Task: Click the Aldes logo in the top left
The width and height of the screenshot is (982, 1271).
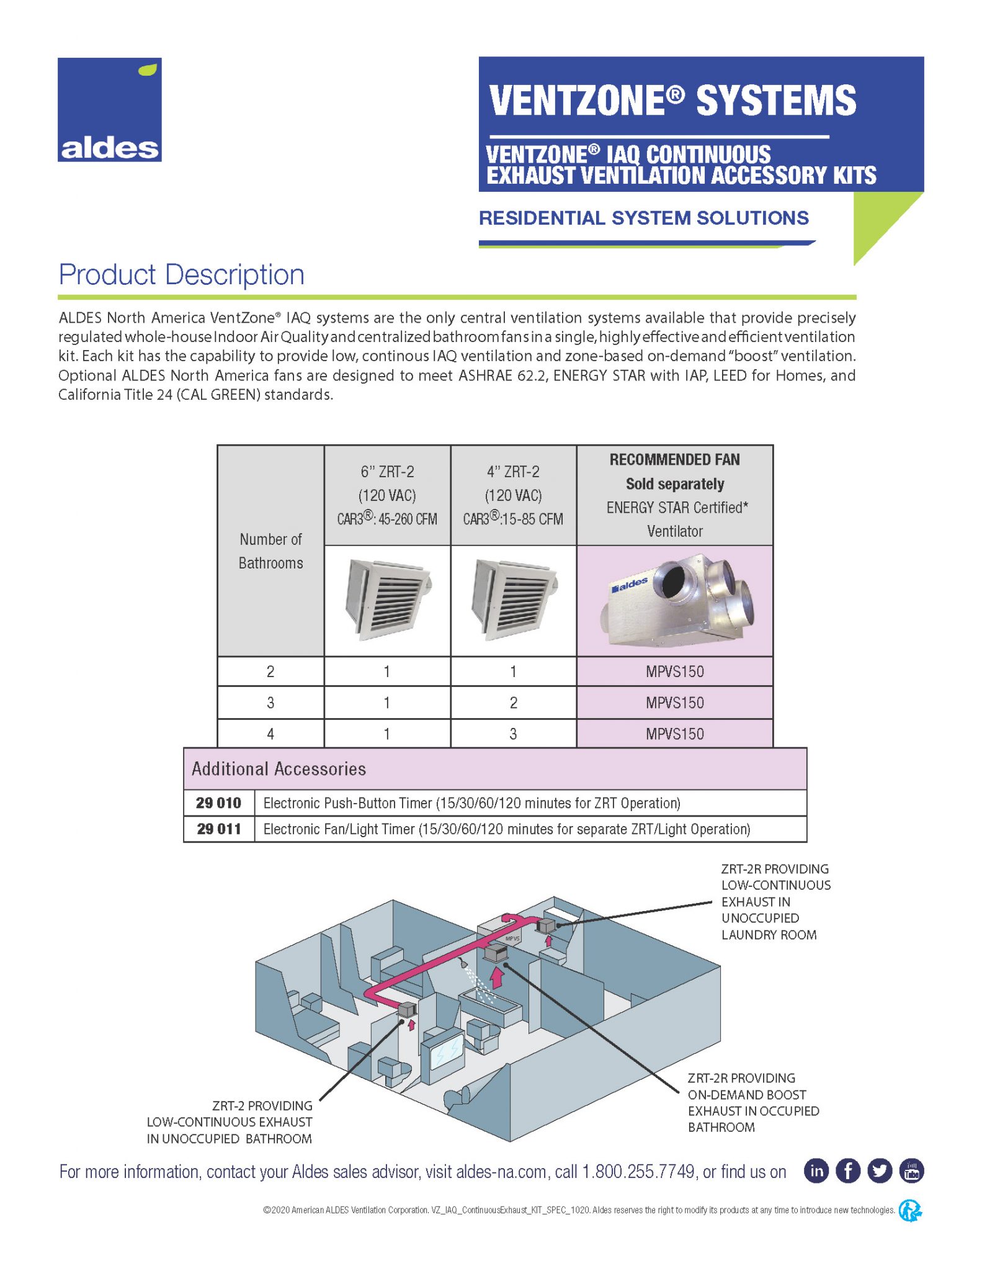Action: (x=109, y=110)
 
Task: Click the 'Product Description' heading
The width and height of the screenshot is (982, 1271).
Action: (x=181, y=275)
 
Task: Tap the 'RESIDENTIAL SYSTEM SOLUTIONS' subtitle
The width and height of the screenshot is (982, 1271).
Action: (x=643, y=218)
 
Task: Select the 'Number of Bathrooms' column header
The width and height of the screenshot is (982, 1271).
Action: (x=270, y=551)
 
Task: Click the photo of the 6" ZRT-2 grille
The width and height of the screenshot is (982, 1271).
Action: (x=387, y=600)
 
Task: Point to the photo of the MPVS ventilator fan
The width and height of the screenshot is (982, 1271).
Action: (x=675, y=600)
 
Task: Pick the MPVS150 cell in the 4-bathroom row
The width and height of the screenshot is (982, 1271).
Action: (x=675, y=734)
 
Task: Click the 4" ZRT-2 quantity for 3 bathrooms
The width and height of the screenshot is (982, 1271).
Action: (x=513, y=703)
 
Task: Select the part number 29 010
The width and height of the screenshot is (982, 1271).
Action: (x=218, y=803)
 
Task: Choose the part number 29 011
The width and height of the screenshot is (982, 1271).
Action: (x=218, y=829)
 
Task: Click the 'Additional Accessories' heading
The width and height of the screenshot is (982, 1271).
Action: (x=279, y=769)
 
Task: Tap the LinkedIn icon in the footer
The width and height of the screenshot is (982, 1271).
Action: (x=816, y=1171)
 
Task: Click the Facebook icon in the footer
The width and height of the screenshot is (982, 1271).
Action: (x=848, y=1171)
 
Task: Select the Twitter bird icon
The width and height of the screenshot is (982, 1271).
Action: (x=880, y=1171)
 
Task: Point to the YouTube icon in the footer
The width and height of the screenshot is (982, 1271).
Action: (x=911, y=1171)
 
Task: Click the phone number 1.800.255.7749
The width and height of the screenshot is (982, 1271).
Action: (x=638, y=1172)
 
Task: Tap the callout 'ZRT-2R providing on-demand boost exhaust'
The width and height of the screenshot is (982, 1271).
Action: (x=753, y=1103)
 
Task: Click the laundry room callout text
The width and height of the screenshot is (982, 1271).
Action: (x=775, y=902)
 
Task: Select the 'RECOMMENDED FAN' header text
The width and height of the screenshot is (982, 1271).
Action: (x=674, y=460)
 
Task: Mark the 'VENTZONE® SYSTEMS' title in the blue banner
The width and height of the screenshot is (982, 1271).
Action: (x=672, y=101)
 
